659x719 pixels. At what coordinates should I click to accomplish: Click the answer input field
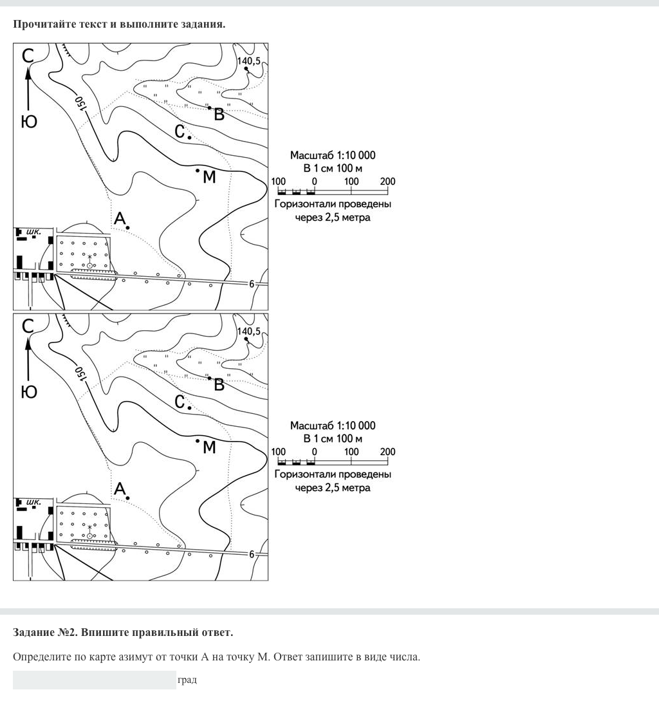coord(94,680)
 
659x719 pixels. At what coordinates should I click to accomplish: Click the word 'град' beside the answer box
coord(187,680)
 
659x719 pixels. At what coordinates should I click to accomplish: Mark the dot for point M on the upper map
coord(198,170)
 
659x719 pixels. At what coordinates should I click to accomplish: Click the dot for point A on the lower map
coord(128,498)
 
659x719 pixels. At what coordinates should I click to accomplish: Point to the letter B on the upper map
coord(219,115)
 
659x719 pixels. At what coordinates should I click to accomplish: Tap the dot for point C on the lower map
coord(189,407)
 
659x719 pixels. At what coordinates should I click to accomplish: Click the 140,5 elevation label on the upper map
coord(249,61)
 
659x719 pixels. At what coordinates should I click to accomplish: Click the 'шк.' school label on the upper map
coord(33,231)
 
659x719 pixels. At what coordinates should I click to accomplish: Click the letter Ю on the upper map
coord(29,121)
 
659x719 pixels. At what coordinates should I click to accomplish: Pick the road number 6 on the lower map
coord(252,554)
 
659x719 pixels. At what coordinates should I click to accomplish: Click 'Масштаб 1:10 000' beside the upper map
coord(332,155)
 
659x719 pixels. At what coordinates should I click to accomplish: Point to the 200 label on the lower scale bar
coord(387,452)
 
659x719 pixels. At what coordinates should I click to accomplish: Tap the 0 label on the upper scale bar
coord(314,182)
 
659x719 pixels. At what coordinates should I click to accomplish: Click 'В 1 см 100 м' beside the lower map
coord(332,438)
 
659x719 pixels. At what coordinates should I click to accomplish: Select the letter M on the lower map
coord(209,447)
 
